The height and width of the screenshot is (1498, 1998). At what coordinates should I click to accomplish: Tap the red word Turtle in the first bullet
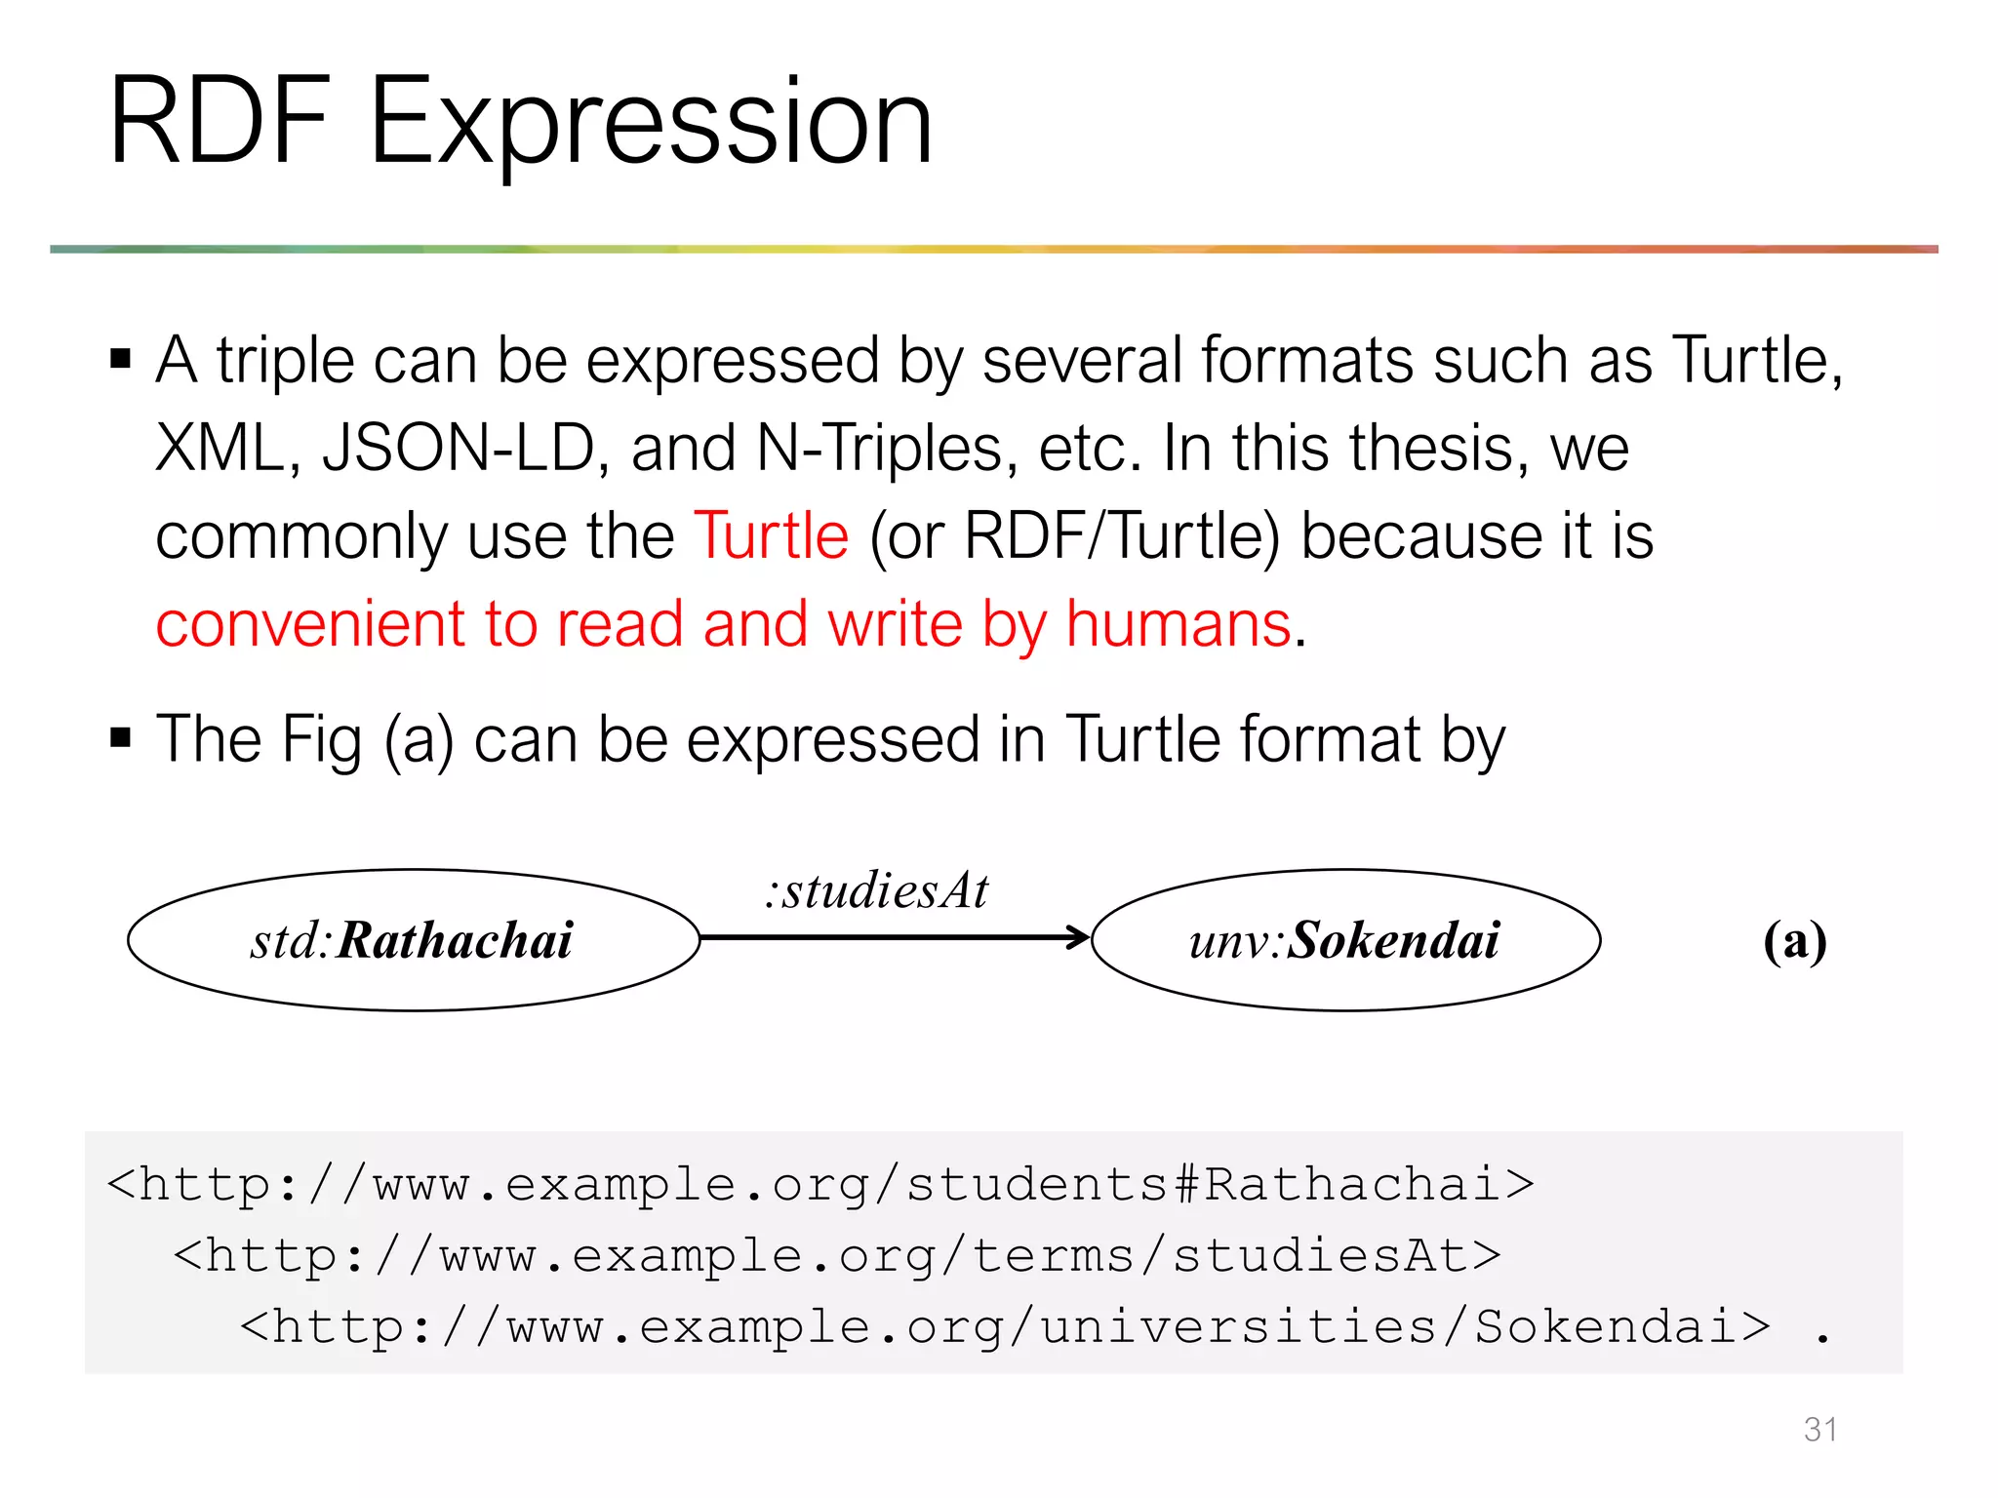tap(771, 536)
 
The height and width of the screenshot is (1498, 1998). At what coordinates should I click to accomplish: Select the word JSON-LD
tap(458, 449)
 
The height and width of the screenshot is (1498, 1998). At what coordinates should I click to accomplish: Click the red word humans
tap(1179, 624)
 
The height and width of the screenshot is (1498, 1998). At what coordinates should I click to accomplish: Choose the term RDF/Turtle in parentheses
tap(1121, 536)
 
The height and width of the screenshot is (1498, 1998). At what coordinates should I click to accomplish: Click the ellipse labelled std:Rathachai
tap(413, 940)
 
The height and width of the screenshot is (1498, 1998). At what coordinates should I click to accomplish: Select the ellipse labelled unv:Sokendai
tap(1345, 940)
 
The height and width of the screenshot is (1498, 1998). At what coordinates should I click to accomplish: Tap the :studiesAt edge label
tap(876, 890)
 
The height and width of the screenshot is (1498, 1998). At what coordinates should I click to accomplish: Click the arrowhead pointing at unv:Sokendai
tap(1078, 937)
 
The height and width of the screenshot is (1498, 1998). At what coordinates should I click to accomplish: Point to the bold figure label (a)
tap(1794, 942)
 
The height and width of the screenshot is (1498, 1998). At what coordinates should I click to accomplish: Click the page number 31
tap(1820, 1429)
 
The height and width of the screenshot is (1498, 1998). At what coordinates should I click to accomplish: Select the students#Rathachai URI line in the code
tap(820, 1185)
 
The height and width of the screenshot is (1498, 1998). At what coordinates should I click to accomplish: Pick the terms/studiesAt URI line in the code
tap(837, 1256)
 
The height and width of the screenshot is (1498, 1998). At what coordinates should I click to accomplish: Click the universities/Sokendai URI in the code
tap(1005, 1327)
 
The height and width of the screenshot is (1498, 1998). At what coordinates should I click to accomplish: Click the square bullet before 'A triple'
tap(121, 359)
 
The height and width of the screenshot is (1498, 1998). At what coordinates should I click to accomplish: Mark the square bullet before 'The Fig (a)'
tap(121, 737)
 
